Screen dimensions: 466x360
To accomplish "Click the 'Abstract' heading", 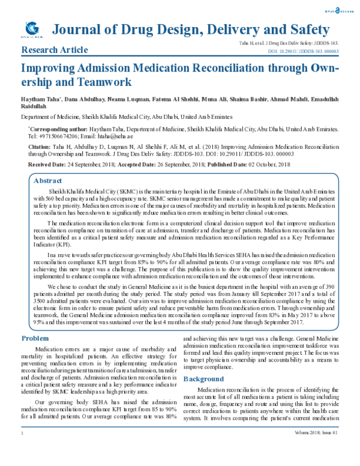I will [47, 180].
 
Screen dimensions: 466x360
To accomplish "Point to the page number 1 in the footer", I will [22, 449].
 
